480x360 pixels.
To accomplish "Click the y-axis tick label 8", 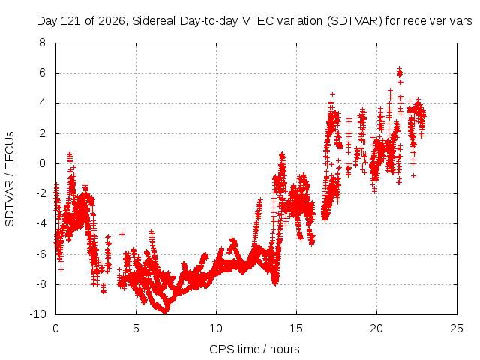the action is [42, 43].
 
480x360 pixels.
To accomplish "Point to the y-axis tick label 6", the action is [42, 73].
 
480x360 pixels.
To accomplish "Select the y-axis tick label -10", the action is [37, 314].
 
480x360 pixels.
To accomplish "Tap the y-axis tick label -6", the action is [40, 253].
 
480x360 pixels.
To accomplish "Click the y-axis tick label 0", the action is [42, 163].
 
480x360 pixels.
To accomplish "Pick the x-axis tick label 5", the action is [136, 328].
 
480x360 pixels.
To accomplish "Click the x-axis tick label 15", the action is [296, 328].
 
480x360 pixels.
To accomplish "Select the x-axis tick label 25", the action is [457, 328].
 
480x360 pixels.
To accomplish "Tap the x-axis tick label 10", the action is [216, 328].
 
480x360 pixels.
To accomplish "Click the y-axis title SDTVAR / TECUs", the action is [10, 179].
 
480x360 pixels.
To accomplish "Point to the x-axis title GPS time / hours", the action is [254, 349].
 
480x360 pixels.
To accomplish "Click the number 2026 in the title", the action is [112, 21].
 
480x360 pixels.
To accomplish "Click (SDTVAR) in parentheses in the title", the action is [355, 21].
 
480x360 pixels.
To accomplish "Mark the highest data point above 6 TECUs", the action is [399, 68].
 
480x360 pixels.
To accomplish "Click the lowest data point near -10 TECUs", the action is [165, 312].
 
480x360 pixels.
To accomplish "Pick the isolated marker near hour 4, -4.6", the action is [121, 233].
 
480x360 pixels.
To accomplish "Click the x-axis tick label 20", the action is [376, 328].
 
